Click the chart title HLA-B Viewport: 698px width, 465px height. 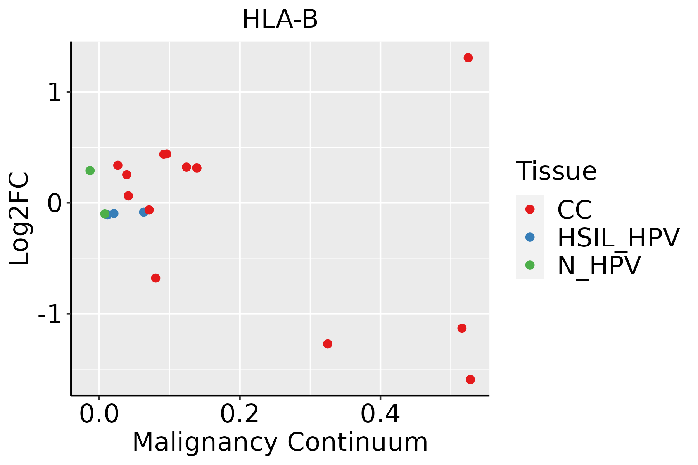280,19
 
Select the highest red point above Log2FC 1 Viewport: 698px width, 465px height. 468,58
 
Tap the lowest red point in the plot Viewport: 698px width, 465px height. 470,379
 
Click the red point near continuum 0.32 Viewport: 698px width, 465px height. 328,344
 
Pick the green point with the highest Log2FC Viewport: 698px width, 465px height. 90,170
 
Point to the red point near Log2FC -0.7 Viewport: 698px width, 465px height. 155,278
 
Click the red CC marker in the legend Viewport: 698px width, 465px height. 530,209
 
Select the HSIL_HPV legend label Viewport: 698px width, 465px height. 618,238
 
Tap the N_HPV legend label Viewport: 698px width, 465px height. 599,265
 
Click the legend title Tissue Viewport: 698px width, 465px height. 556,171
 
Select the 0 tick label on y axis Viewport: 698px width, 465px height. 55,203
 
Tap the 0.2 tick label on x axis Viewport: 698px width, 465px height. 240,414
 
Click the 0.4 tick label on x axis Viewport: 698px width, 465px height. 380,414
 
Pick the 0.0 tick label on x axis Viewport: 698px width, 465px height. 99,414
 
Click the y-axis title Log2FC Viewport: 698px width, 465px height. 19,219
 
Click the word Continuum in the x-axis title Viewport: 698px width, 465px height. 358,443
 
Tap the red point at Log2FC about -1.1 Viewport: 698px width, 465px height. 462,328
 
